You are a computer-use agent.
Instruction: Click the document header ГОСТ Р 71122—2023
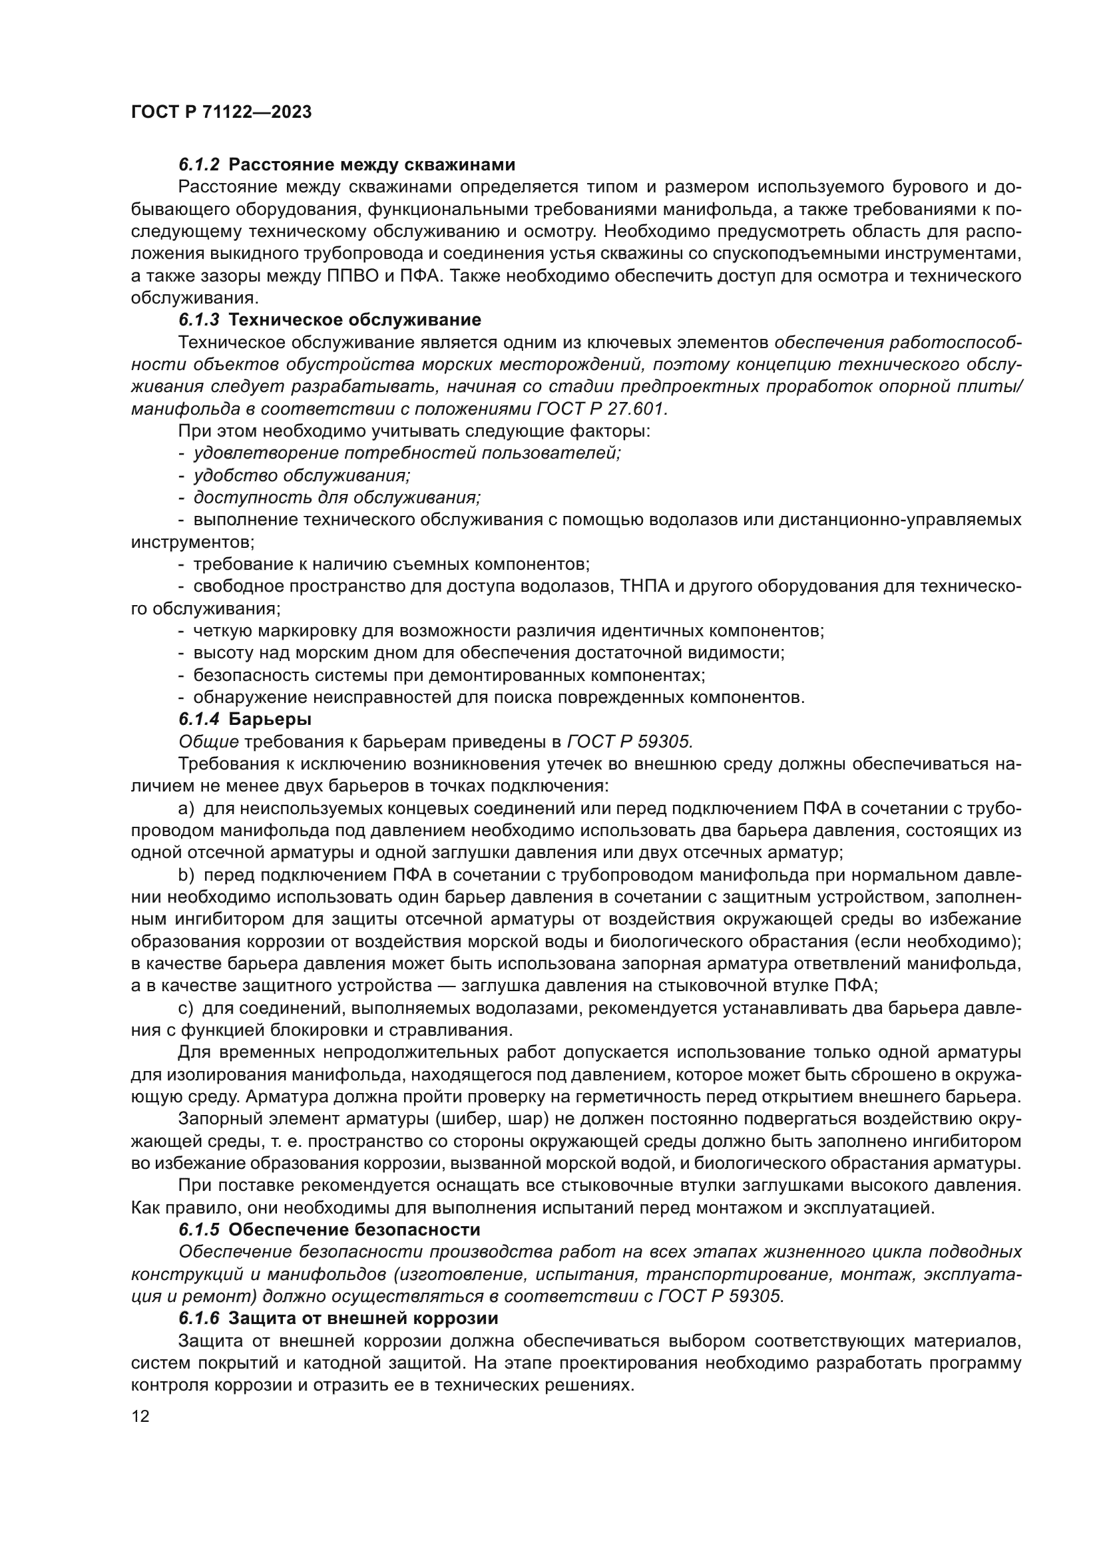(x=221, y=112)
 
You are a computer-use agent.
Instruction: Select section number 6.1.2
(x=199, y=165)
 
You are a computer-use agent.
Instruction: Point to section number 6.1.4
(x=199, y=718)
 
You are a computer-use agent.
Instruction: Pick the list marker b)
(x=186, y=875)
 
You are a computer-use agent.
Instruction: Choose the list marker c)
(x=186, y=1008)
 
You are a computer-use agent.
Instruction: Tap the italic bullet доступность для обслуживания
(x=337, y=498)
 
